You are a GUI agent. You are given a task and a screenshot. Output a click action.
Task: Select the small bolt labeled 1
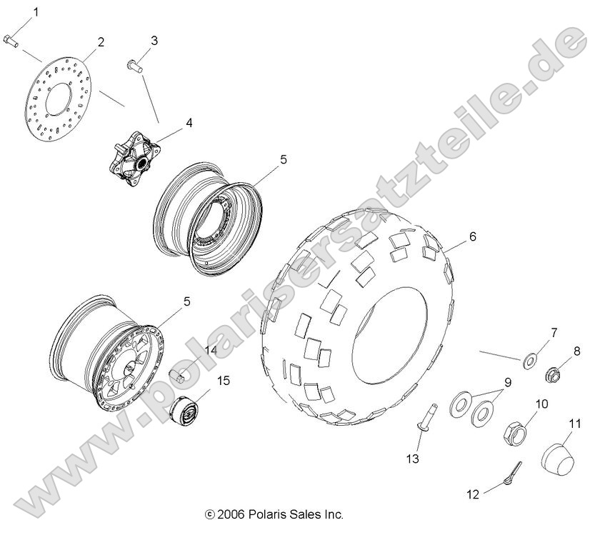click(11, 40)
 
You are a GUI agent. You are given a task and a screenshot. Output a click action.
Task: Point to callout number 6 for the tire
click(472, 236)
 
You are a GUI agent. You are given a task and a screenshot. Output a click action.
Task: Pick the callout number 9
click(508, 383)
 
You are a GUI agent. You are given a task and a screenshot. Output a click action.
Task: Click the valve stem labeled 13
click(417, 420)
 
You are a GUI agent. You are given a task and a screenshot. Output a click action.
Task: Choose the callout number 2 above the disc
click(101, 41)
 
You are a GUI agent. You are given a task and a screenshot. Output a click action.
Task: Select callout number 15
click(223, 380)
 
